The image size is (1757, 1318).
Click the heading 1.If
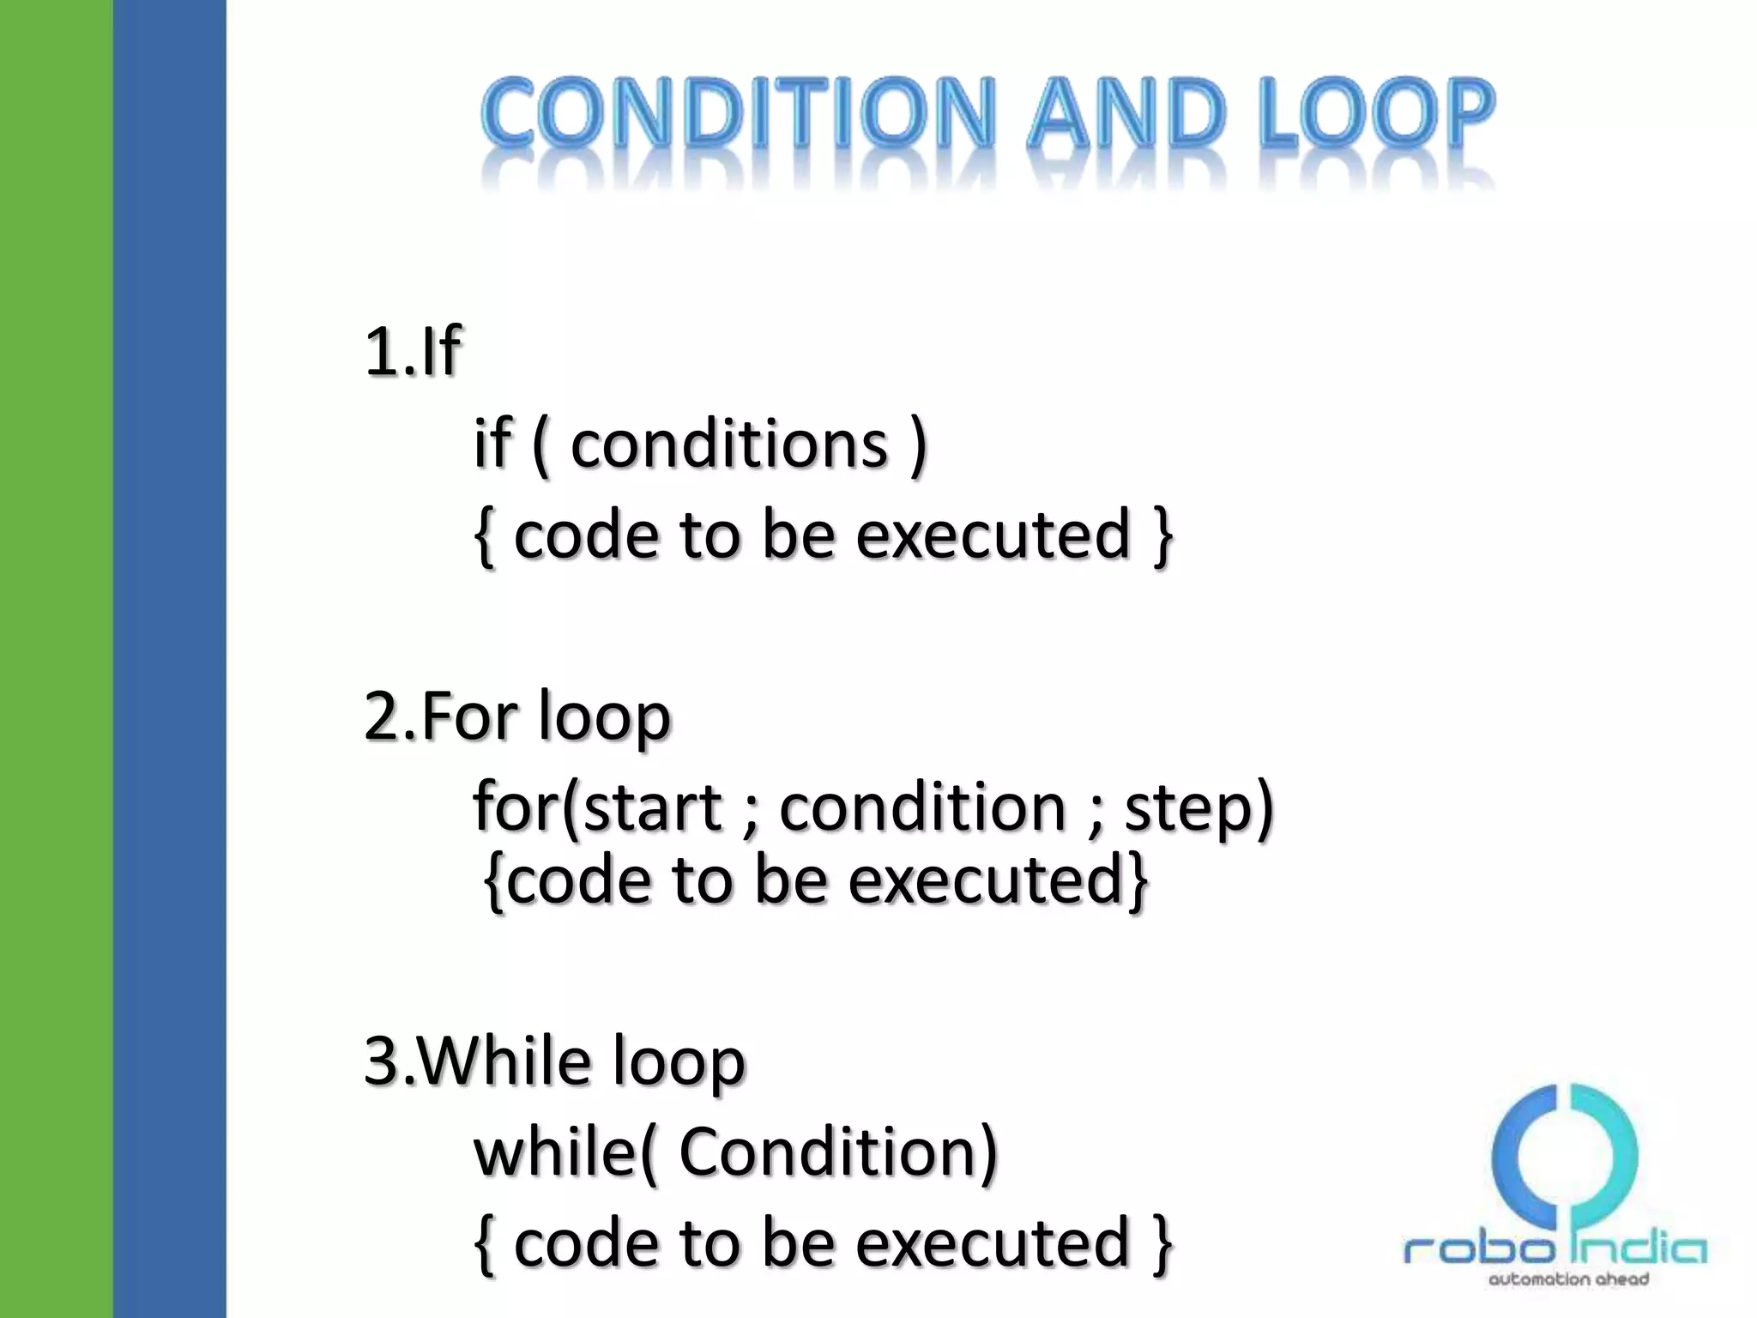tap(413, 352)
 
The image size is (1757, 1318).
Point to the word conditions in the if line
tap(729, 445)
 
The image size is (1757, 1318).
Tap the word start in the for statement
tap(653, 808)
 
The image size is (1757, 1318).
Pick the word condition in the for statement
tap(921, 808)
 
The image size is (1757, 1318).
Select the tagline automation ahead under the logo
tap(1567, 1280)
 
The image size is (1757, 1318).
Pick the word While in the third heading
tap(505, 1062)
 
